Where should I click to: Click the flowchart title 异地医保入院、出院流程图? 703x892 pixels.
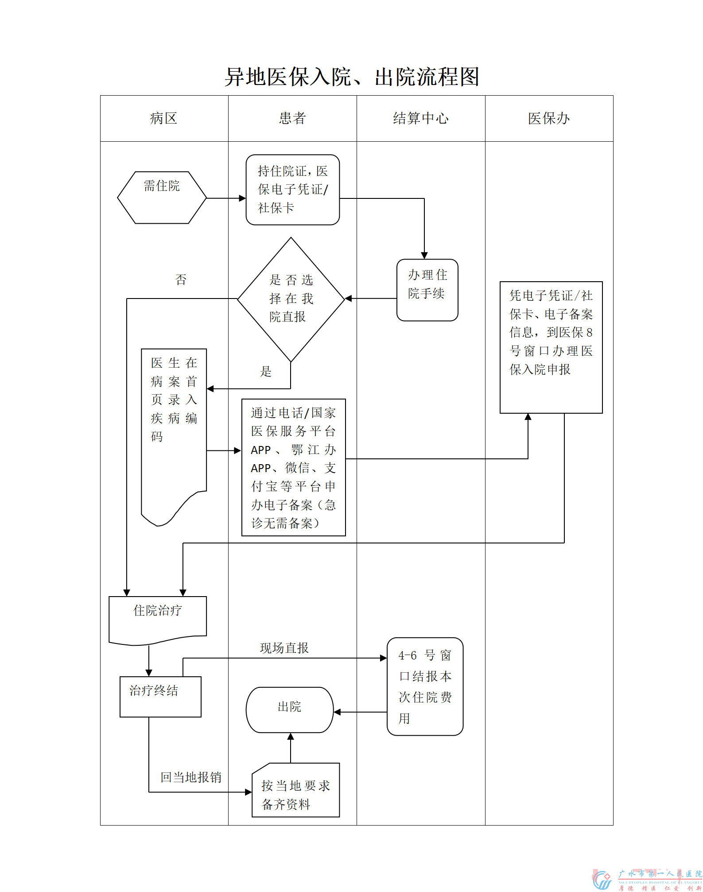pyautogui.click(x=352, y=77)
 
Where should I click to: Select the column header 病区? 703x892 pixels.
pyautogui.click(x=163, y=118)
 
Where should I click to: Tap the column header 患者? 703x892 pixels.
pyautogui.click(x=292, y=118)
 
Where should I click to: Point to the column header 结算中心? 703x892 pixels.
pyautogui.click(x=420, y=118)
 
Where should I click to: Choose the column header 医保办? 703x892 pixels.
pyautogui.click(x=549, y=118)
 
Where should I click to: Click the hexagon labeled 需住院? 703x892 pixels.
pyautogui.click(x=162, y=197)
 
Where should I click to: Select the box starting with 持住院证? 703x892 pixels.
pyautogui.click(x=292, y=190)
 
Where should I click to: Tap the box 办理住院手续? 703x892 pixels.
pyautogui.click(x=427, y=290)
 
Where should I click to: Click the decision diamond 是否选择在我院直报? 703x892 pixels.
pyautogui.click(x=291, y=299)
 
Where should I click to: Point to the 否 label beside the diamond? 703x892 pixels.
pyautogui.click(x=181, y=279)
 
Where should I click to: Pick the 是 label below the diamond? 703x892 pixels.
pyautogui.click(x=265, y=371)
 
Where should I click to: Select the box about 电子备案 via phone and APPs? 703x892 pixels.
pyautogui.click(x=293, y=467)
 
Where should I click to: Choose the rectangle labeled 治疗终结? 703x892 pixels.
pyautogui.click(x=160, y=696)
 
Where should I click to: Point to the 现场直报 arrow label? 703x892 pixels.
pyautogui.click(x=284, y=648)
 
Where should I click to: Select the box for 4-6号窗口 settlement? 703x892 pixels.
pyautogui.click(x=425, y=686)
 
